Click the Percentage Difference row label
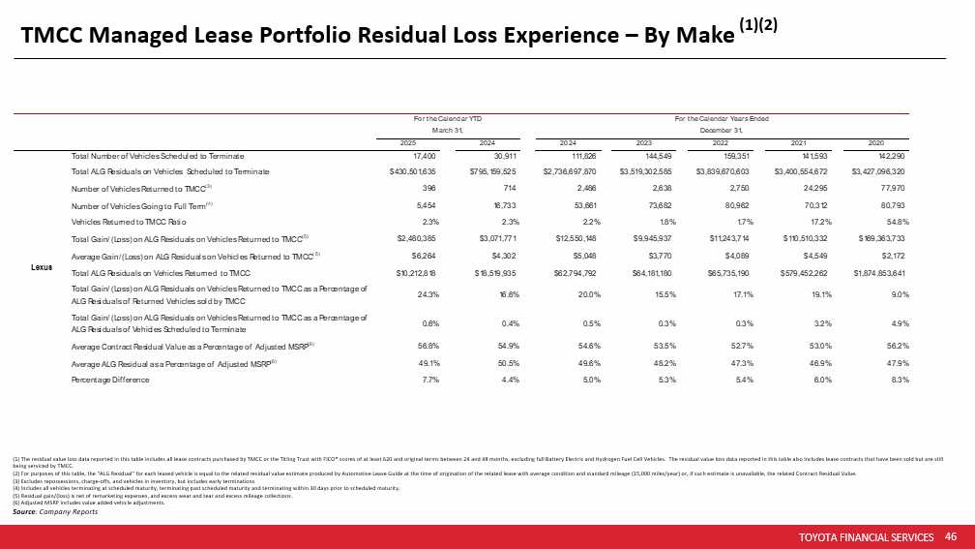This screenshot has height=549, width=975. [x=110, y=381]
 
